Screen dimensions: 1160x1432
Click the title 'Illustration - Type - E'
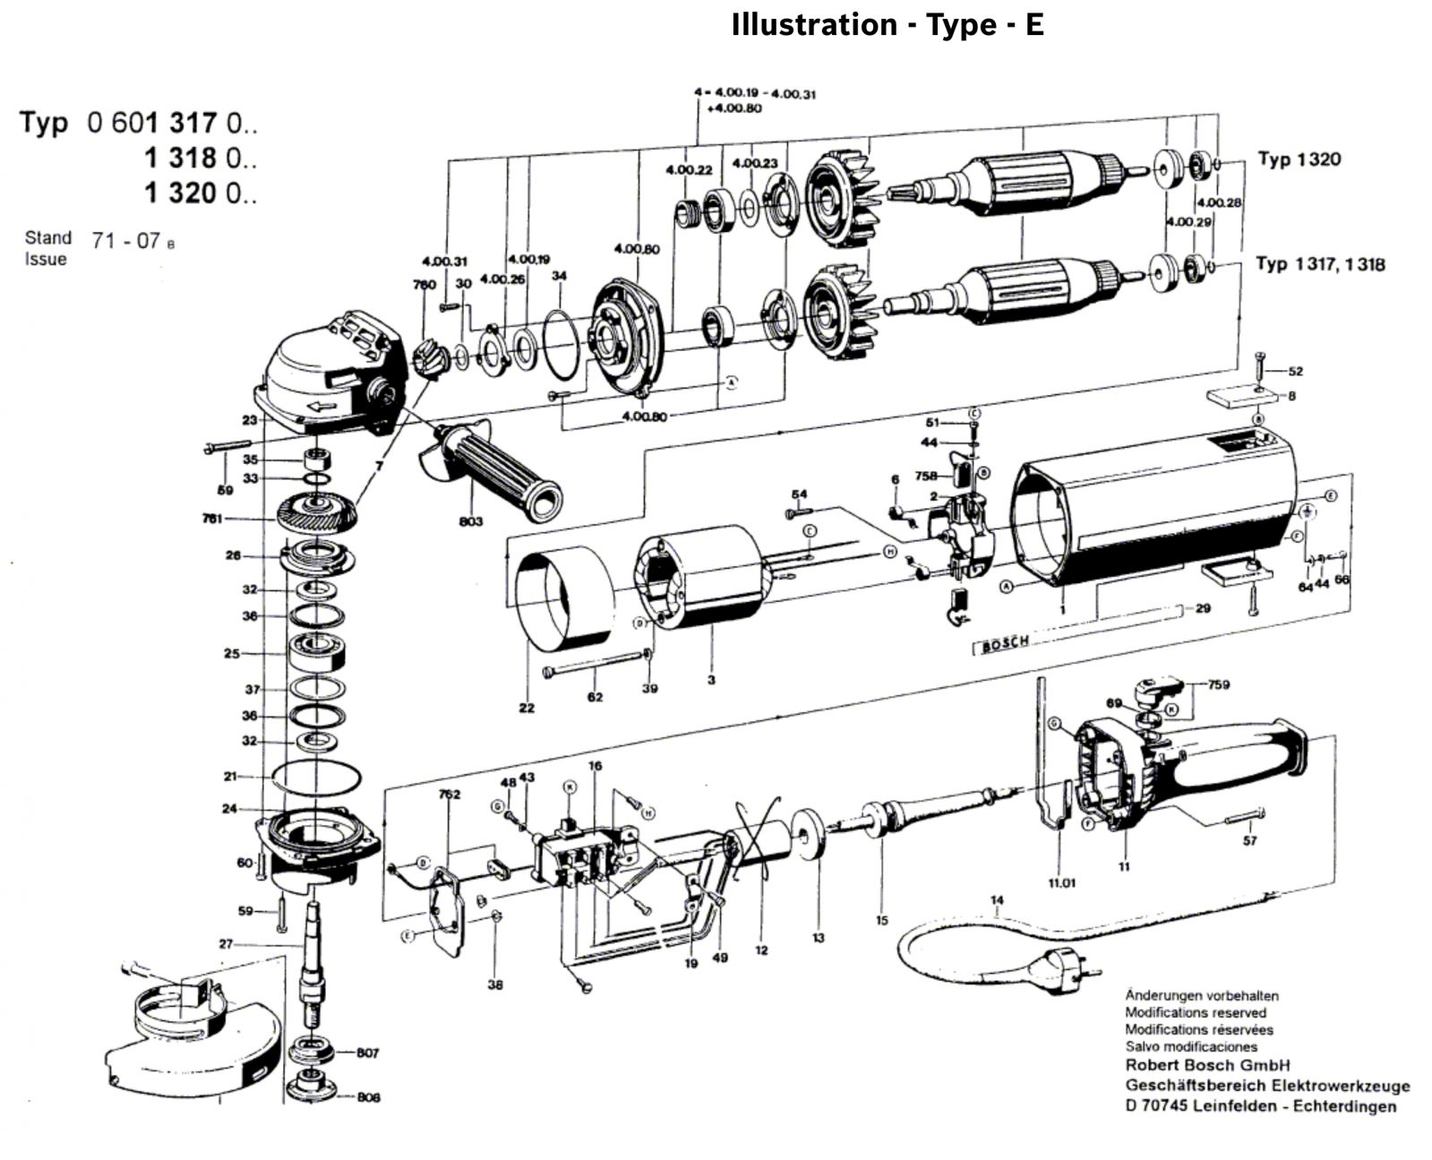[887, 25]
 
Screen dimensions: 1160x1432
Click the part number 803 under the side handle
[470, 521]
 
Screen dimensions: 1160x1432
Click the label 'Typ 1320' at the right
[1299, 160]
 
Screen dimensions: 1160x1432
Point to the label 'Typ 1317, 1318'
[1319, 264]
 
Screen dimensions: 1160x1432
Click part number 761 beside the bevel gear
[212, 519]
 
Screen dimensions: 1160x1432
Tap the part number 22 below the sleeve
[527, 708]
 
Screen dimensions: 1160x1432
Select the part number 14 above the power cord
[997, 900]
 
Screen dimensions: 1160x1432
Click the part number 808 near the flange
[367, 1096]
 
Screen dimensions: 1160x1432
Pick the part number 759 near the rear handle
[1218, 684]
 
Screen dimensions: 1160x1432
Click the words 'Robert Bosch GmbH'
[1207, 1065]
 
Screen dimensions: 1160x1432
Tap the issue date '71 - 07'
[125, 240]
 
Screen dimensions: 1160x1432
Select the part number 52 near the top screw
[1295, 371]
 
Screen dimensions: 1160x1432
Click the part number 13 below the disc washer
[818, 938]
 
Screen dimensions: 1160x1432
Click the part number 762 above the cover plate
[449, 794]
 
